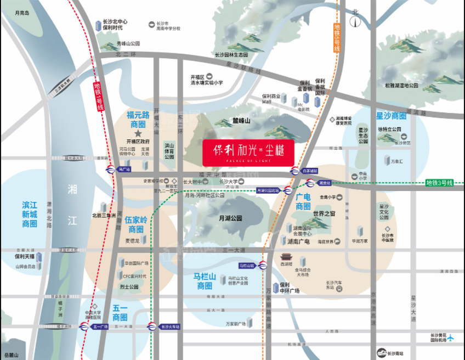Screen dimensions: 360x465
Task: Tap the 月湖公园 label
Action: [x=230, y=218]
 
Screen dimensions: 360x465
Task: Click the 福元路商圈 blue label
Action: [x=138, y=120]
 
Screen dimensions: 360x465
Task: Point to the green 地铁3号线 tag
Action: [x=439, y=183]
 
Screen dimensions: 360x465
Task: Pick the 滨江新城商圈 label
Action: [x=30, y=214]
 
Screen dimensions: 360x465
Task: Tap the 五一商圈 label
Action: [x=120, y=313]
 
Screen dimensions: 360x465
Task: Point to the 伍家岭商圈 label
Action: [x=136, y=224]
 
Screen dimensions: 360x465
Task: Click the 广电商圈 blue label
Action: [x=303, y=201]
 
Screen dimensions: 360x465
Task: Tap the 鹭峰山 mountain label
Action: [x=241, y=120]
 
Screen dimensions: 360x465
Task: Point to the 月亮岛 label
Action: [x=22, y=12]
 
